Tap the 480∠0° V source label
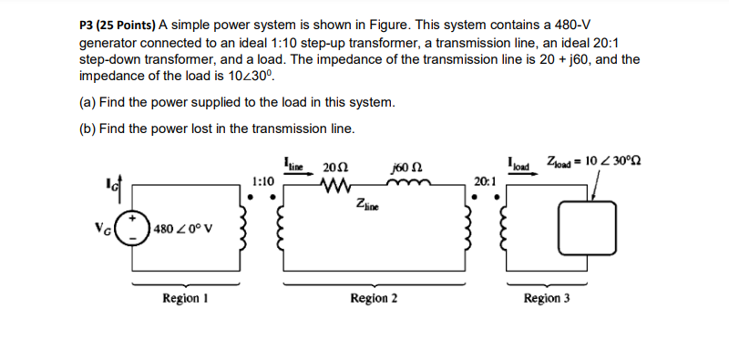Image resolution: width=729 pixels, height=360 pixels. click(182, 228)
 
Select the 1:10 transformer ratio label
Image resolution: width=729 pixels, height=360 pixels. click(262, 182)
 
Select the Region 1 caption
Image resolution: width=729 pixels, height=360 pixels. click(183, 298)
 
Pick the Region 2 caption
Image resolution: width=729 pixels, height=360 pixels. click(373, 298)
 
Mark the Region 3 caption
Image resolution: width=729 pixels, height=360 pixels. click(547, 298)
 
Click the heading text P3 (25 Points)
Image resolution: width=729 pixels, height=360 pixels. click(118, 23)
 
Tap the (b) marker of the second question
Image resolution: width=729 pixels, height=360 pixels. click(87, 128)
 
